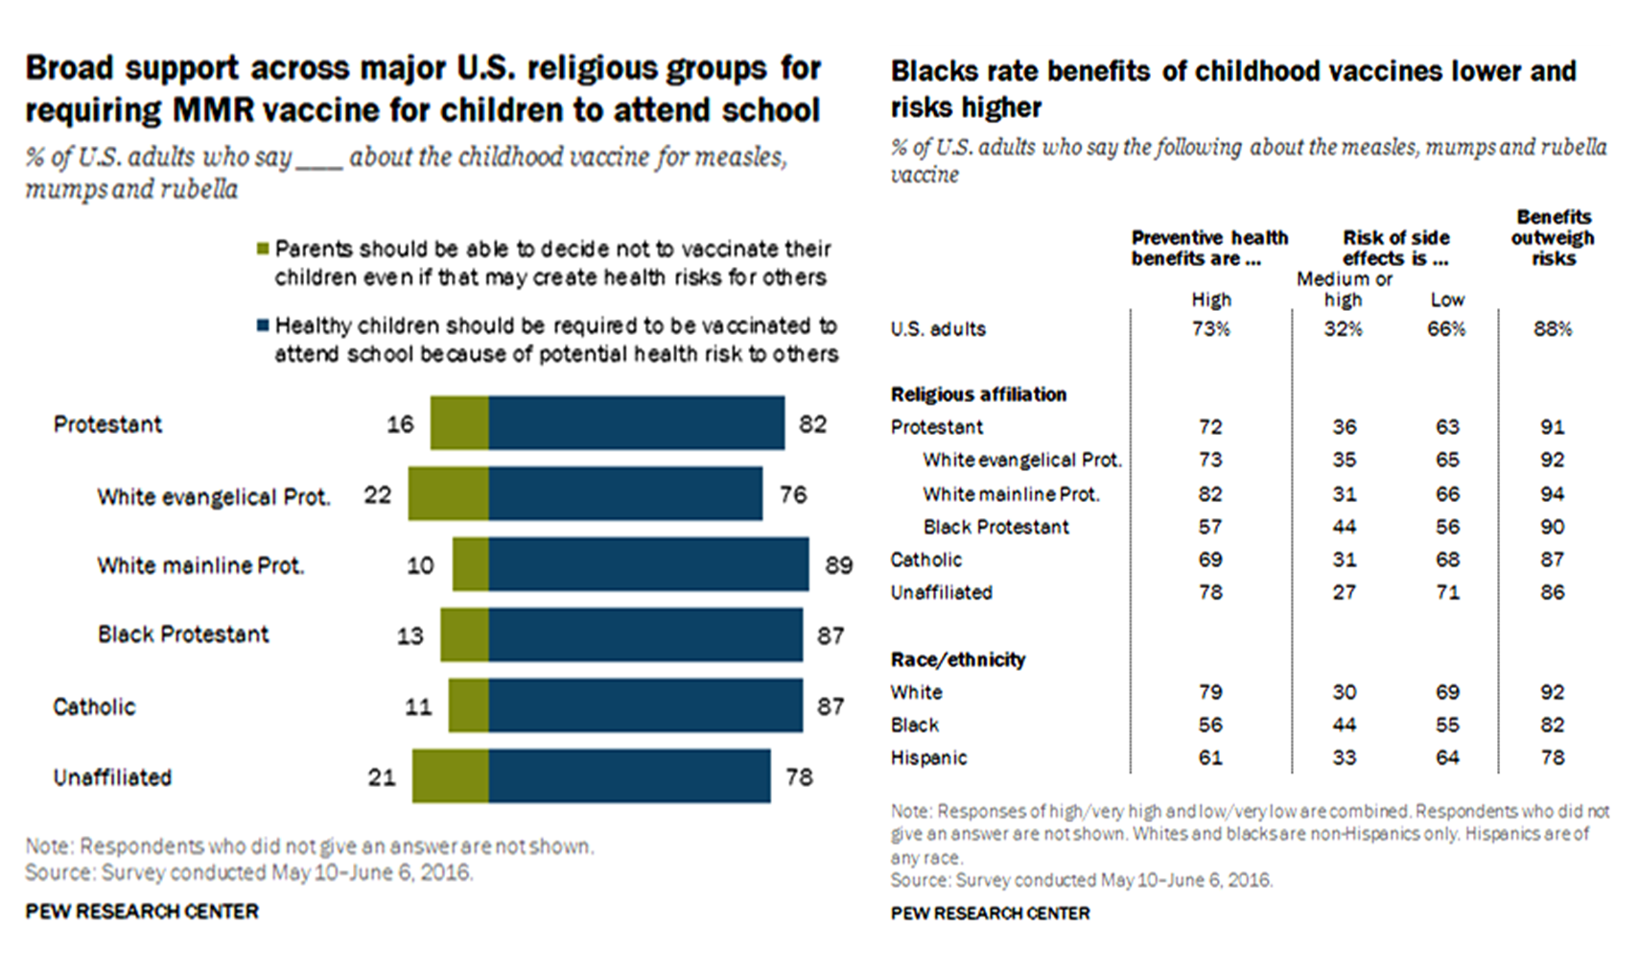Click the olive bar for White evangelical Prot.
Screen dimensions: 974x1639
tap(448, 494)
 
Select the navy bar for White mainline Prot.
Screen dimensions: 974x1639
tap(648, 564)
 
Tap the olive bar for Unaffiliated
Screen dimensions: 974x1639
tap(450, 776)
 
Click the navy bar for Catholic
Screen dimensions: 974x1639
tap(644, 705)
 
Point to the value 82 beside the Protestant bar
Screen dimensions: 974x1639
tap(812, 423)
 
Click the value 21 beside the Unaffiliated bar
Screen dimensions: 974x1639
tap(382, 776)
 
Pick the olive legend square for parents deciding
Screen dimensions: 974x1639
tap(263, 249)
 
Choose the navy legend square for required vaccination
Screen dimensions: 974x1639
tap(263, 326)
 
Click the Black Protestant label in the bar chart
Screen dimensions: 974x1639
tap(183, 634)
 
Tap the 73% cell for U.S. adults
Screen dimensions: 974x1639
tap(1210, 329)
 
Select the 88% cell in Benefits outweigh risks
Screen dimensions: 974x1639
tap(1552, 329)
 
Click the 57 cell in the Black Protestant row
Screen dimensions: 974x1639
tap(1210, 527)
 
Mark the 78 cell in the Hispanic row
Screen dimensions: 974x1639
tap(1552, 757)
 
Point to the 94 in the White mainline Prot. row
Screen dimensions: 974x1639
tap(1552, 494)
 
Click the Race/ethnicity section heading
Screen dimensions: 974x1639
tap(957, 659)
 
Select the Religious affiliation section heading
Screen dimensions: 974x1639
tap(978, 394)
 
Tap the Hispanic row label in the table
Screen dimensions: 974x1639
tap(928, 757)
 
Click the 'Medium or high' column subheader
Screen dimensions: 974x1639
tap(1344, 289)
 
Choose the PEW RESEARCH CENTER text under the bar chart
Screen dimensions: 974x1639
tap(142, 912)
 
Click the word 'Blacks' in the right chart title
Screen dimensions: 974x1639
tap(938, 72)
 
